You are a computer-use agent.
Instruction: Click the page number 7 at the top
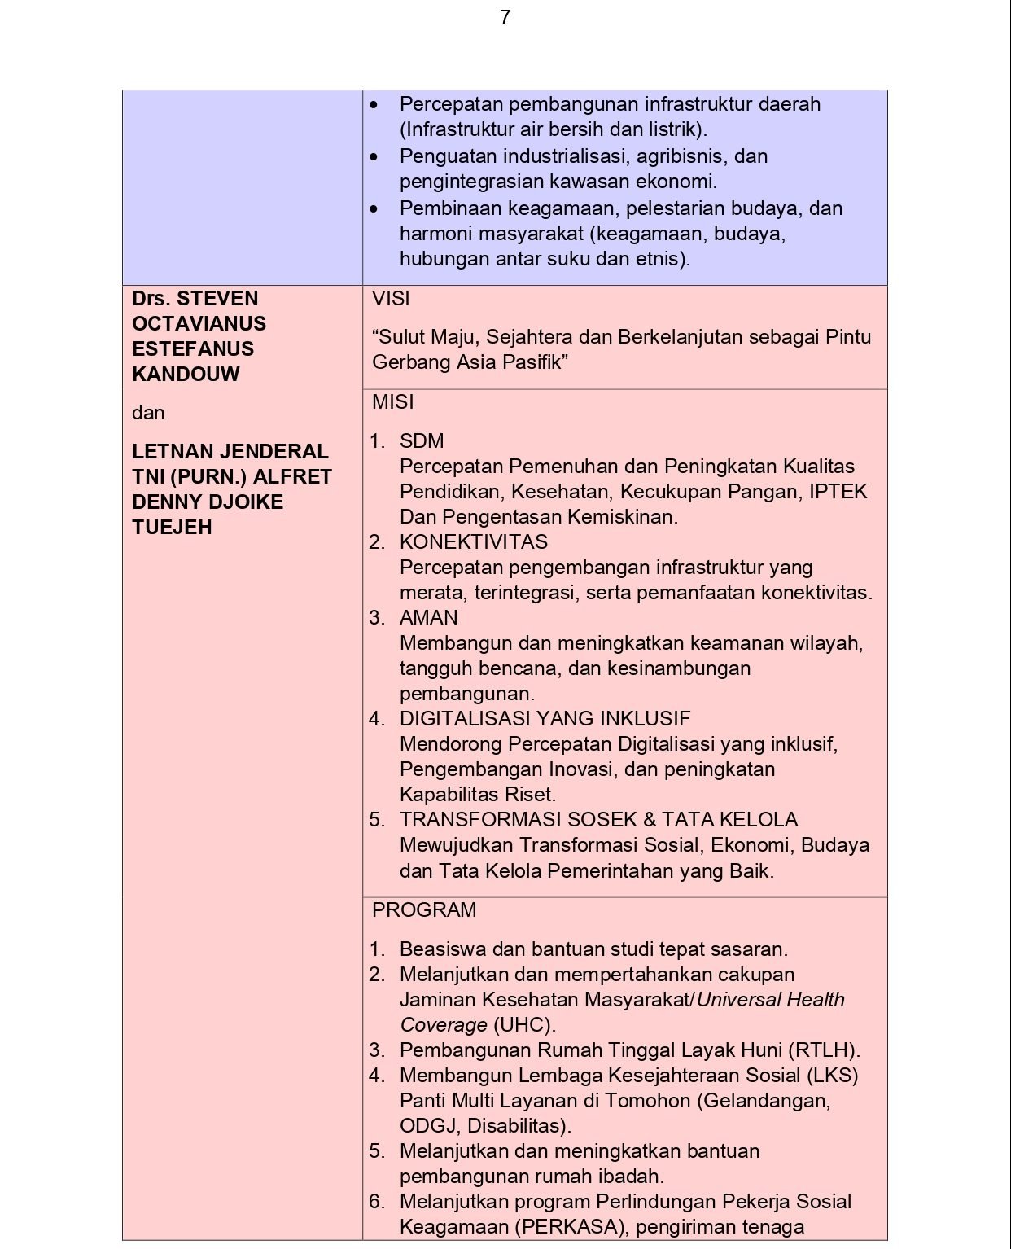tap(505, 18)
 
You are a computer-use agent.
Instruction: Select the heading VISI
tap(391, 299)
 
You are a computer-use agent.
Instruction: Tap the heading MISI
tap(392, 402)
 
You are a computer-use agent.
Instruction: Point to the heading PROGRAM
tap(424, 910)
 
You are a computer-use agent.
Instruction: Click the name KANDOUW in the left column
tap(186, 375)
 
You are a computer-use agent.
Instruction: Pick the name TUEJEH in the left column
tap(172, 528)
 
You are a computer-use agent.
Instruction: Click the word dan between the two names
tap(148, 413)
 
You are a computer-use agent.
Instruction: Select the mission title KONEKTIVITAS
tap(473, 542)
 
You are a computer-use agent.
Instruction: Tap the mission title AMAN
tap(428, 618)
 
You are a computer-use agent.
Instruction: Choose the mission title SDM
tap(422, 441)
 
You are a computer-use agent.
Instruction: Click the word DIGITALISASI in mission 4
tap(466, 719)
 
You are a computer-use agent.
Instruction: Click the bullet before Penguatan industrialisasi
tap(374, 156)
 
